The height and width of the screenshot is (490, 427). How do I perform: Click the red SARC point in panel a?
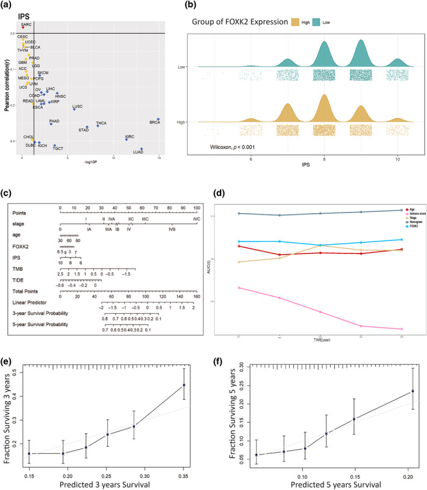(x=22, y=27)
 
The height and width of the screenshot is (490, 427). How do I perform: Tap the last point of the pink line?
(x=400, y=329)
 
